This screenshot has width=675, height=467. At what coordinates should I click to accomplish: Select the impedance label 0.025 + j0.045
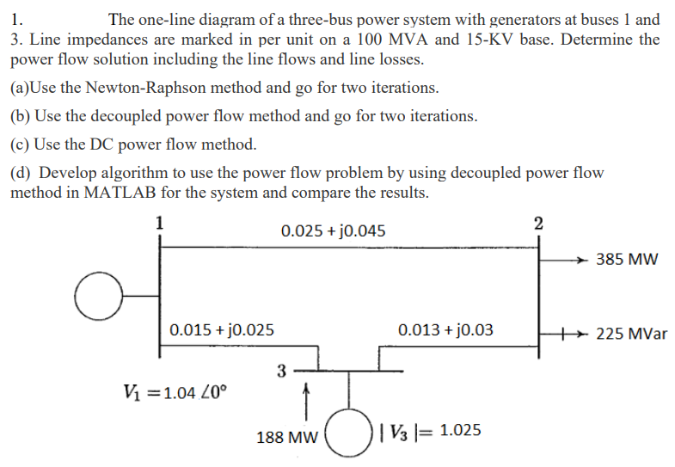click(x=333, y=230)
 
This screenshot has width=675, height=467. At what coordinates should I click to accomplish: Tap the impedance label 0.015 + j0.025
click(x=222, y=329)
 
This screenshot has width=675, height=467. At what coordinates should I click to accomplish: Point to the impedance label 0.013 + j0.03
click(x=445, y=329)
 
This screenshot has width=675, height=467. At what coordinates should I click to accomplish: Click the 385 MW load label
click(x=630, y=259)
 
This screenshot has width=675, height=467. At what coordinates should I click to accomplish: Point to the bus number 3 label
click(x=281, y=371)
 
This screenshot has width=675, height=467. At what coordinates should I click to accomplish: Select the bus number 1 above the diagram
click(x=158, y=220)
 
